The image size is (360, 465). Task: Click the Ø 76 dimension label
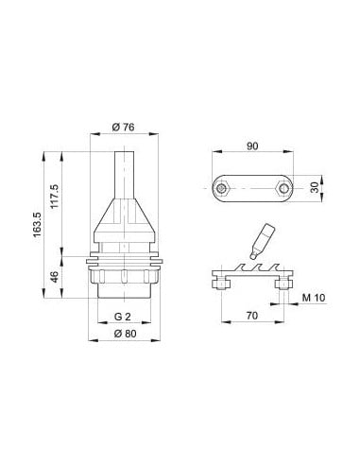coord(123,127)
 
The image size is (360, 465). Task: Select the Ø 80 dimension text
coord(125,334)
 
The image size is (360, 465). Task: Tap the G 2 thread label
coord(122,317)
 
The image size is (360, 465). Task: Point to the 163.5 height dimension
coord(37,225)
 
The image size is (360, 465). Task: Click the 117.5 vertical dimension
coord(55,196)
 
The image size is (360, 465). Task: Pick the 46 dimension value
coord(55,277)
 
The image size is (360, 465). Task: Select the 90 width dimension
coord(252,146)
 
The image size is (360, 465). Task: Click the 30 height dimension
coord(315,188)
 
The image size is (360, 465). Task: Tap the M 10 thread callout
coord(314,298)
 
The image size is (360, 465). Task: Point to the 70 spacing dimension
coord(252,315)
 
